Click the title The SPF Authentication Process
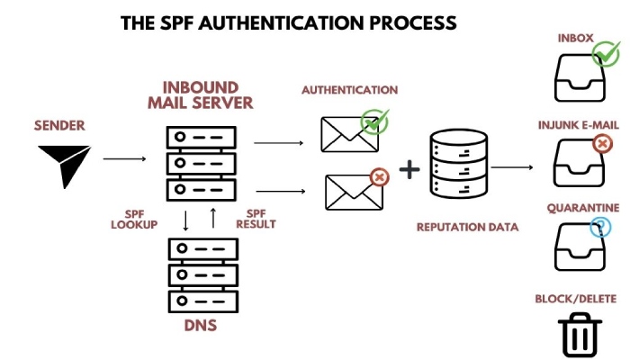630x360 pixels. pos(288,22)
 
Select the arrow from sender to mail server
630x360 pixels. pos(124,159)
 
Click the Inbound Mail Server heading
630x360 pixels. pos(201,95)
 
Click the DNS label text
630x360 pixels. pos(201,325)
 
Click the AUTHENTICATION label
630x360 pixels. pos(349,90)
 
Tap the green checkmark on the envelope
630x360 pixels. pos(373,121)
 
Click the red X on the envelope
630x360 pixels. pos(379,177)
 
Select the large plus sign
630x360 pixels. pos(409,169)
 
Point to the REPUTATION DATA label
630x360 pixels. pos(467,227)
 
